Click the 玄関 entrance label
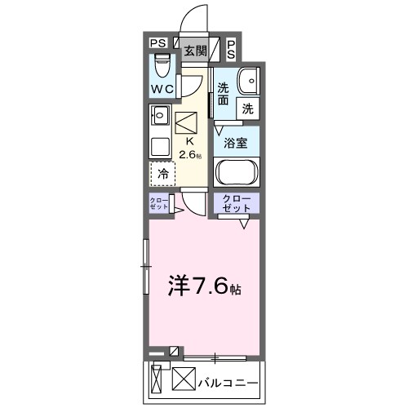point(194,51)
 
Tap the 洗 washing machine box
point(246,108)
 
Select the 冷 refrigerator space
point(162,174)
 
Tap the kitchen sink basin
point(159,115)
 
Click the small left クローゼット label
point(159,204)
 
